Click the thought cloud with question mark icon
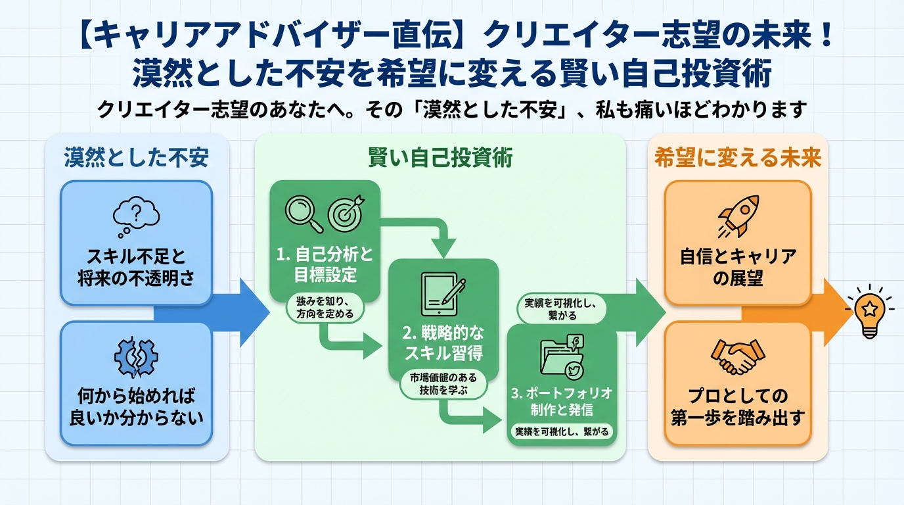click(x=136, y=216)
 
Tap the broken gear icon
click(x=136, y=358)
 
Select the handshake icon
click(x=738, y=357)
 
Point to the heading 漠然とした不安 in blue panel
click(x=137, y=158)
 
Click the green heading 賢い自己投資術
click(x=440, y=158)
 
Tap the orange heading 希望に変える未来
click(x=738, y=158)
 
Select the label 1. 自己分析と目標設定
click(x=324, y=264)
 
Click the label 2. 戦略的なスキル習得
click(x=443, y=342)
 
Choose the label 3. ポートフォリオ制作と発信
click(x=562, y=401)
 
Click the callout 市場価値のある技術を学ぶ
click(x=443, y=385)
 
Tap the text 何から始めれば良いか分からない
click(x=137, y=407)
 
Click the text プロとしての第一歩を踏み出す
click(x=738, y=407)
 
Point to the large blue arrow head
click(x=253, y=313)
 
